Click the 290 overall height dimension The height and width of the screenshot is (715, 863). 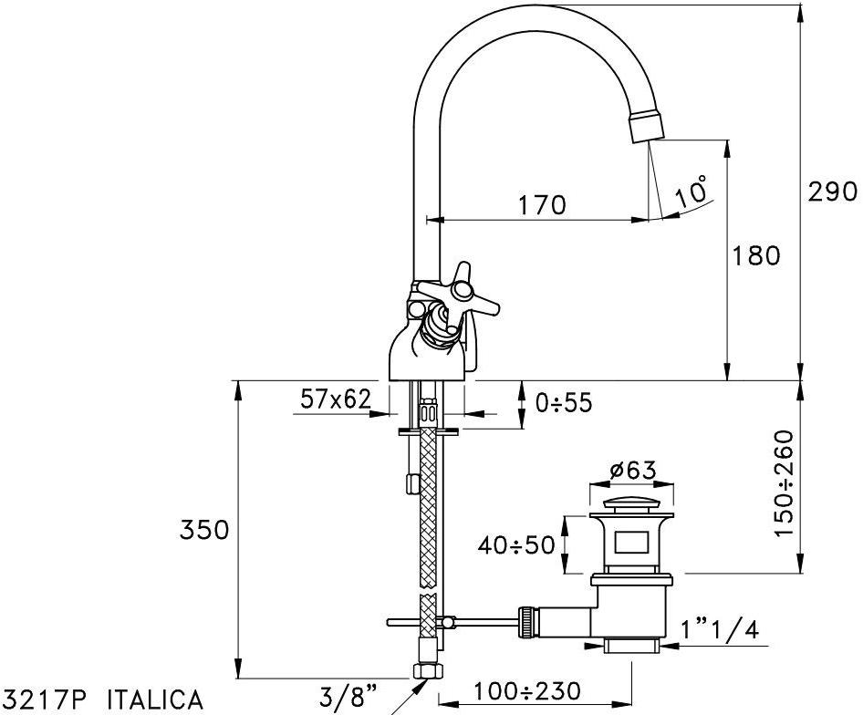(x=832, y=192)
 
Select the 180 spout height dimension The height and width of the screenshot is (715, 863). (x=756, y=256)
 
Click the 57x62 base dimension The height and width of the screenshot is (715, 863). (x=337, y=399)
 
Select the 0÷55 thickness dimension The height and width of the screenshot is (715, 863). (x=565, y=403)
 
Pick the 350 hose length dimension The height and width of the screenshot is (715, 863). (x=203, y=530)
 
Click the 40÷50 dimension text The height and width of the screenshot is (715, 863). (x=516, y=545)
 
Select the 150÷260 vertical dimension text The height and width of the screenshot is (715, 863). (x=785, y=482)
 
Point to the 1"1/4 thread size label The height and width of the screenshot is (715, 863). (x=721, y=629)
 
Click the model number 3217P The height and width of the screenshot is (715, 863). (x=47, y=699)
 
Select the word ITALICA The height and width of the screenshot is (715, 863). (x=155, y=699)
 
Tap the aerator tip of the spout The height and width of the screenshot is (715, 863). (x=646, y=124)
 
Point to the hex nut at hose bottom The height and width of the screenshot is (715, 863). (x=426, y=672)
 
